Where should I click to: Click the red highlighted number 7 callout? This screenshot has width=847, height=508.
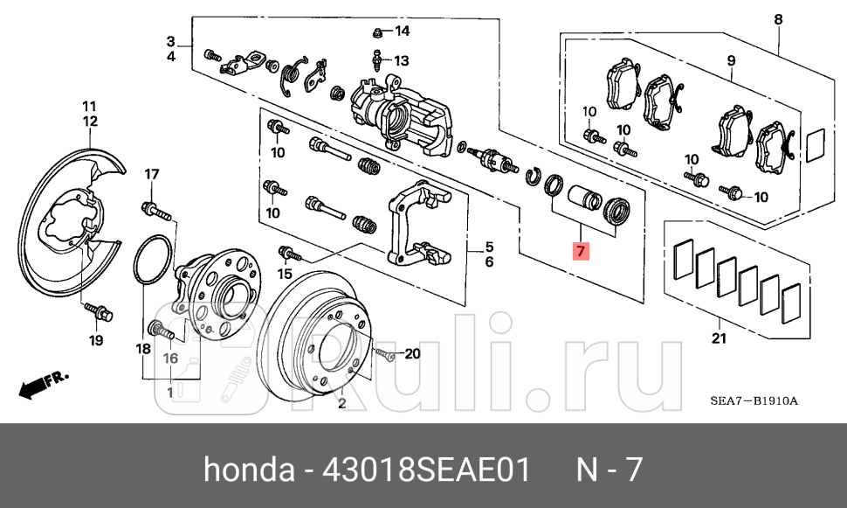(x=582, y=251)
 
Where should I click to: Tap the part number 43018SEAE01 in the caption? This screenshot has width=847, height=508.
(x=426, y=470)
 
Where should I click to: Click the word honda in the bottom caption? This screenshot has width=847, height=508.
(x=248, y=470)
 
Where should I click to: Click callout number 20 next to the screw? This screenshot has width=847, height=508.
(x=412, y=354)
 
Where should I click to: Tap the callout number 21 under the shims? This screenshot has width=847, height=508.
(x=718, y=338)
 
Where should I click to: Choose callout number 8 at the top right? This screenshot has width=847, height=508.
(x=778, y=19)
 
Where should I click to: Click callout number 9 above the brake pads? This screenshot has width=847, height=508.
(x=731, y=60)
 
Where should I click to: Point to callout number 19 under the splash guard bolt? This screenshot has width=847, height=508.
(x=96, y=340)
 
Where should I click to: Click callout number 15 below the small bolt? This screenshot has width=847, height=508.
(x=285, y=275)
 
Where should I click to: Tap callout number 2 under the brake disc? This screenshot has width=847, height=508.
(x=342, y=403)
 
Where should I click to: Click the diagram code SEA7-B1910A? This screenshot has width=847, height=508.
(x=754, y=401)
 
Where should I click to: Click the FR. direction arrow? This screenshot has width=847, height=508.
(x=44, y=382)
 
